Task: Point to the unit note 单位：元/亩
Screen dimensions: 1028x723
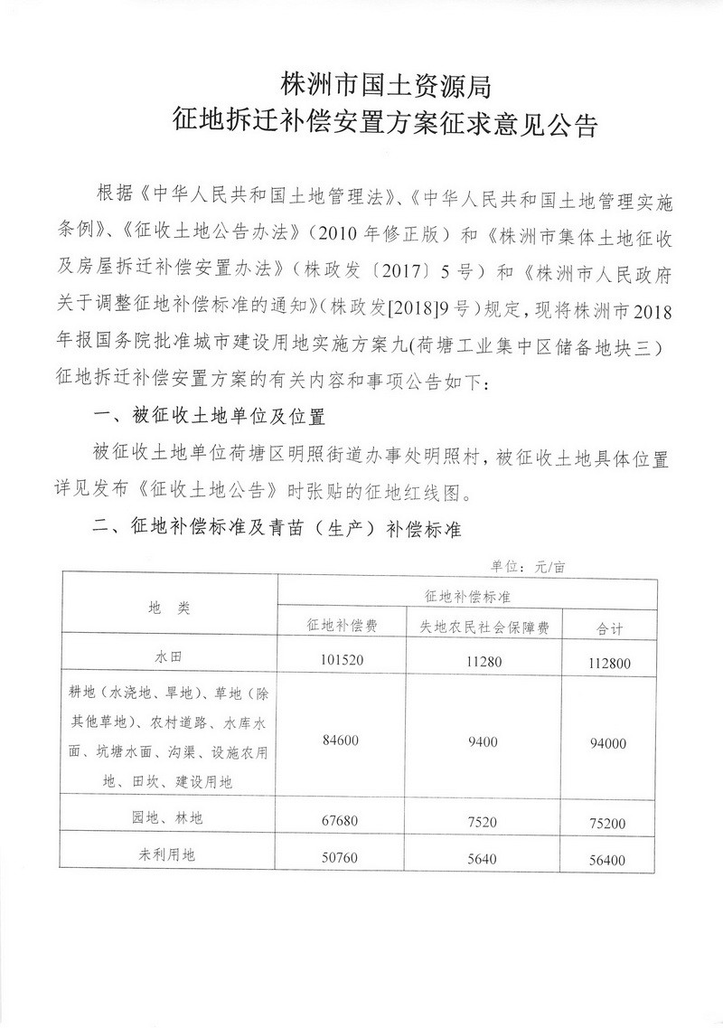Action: click(x=530, y=567)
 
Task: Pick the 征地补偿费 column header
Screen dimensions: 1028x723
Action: click(x=340, y=626)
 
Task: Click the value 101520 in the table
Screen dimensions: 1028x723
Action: click(x=341, y=660)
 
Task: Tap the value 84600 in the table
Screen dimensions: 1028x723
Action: click(x=341, y=740)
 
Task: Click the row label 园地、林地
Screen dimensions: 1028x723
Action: click(x=169, y=818)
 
